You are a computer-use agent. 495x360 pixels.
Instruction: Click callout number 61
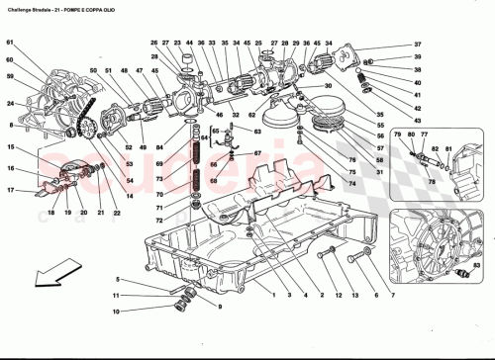[x=9, y=43]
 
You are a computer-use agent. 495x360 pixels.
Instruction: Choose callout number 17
[x=9, y=190]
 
